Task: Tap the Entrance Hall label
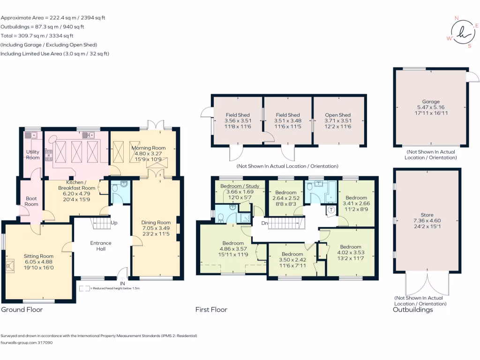click(101, 246)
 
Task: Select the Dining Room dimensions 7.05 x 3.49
click(157, 228)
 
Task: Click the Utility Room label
click(33, 155)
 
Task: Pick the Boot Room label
click(31, 201)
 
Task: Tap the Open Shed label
click(338, 115)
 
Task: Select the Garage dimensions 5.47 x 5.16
click(431, 107)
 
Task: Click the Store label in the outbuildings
click(431, 214)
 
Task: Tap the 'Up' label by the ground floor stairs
click(114, 222)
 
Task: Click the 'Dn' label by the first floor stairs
click(264, 223)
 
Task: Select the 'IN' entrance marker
click(123, 284)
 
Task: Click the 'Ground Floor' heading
click(22, 310)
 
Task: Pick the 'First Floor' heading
click(211, 310)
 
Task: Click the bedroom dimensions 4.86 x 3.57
click(233, 249)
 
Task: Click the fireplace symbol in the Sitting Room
click(10, 267)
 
